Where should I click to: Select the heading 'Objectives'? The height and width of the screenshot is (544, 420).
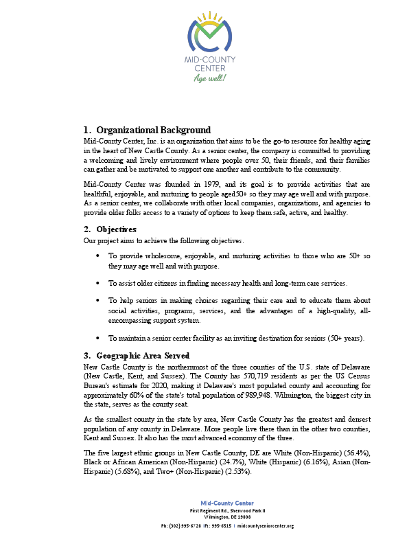[x=116, y=229]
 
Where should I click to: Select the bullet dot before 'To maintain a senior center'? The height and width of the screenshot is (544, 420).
[x=100, y=338]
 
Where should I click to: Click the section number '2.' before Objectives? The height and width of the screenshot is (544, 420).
[x=87, y=229]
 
